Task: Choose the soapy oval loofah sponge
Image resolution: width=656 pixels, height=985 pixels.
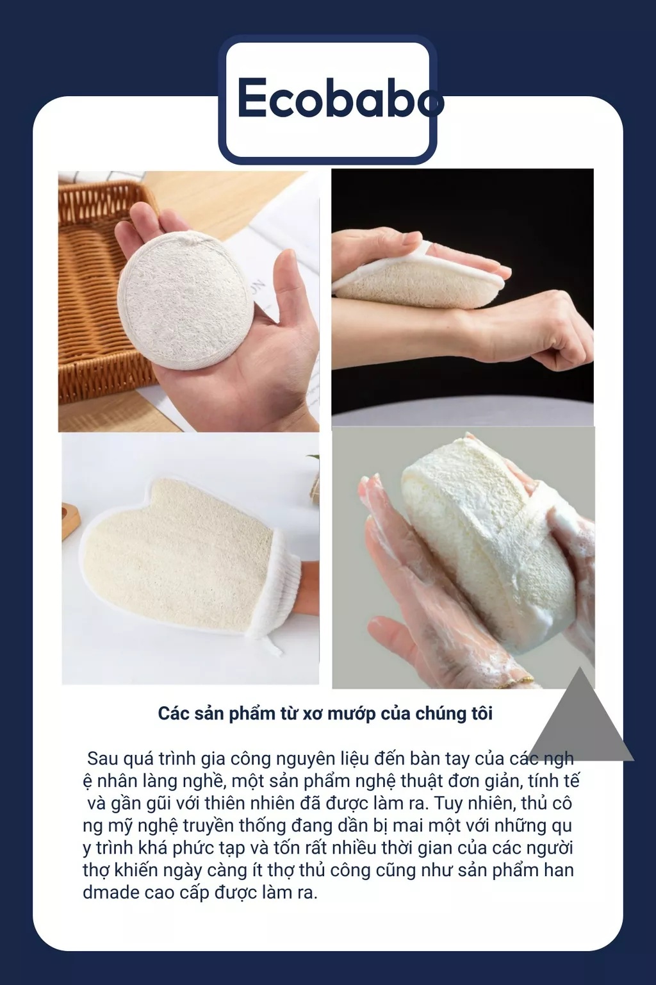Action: (488, 534)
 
